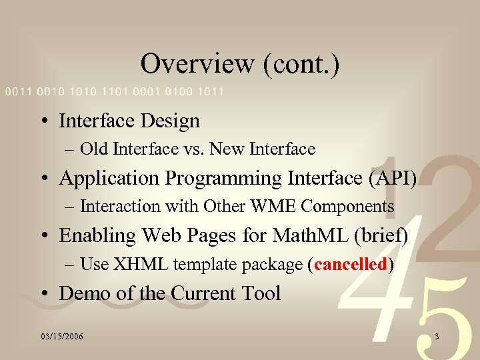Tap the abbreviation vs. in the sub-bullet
coord(194,149)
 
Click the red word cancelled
coord(351,265)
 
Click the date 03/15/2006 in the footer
coord(61,337)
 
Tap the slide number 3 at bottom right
coord(436,337)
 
